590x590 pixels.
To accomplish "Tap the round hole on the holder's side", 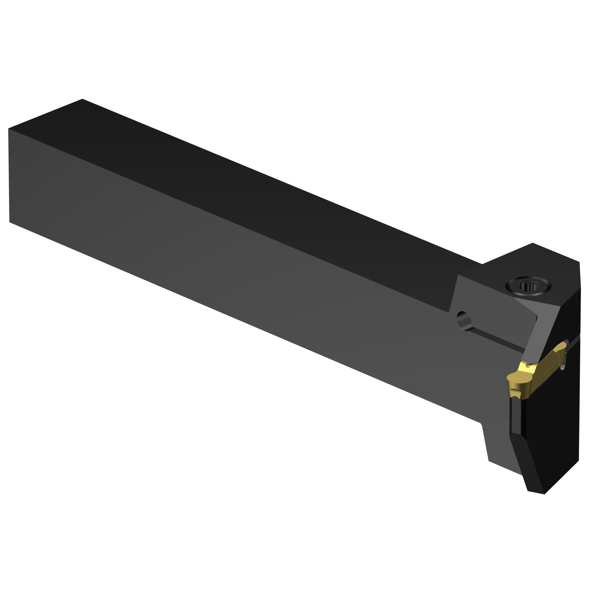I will coord(464,321).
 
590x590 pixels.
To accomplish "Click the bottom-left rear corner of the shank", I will coord(9,222).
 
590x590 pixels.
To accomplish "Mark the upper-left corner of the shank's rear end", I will coord(9,129).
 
